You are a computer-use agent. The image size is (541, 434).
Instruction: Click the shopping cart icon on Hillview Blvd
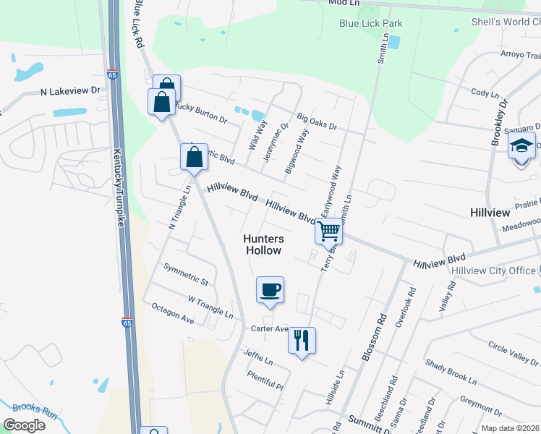(x=328, y=231)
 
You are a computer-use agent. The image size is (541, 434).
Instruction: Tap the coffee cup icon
(x=270, y=289)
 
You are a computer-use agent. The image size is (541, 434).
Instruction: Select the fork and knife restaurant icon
(x=302, y=339)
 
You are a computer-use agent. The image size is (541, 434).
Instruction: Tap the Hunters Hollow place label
(x=263, y=244)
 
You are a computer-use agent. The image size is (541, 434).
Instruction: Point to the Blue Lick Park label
(x=371, y=23)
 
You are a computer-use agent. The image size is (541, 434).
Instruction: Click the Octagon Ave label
(x=173, y=313)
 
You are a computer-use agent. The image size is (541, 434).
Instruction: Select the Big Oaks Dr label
(x=317, y=120)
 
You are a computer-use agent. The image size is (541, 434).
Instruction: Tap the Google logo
(x=24, y=425)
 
